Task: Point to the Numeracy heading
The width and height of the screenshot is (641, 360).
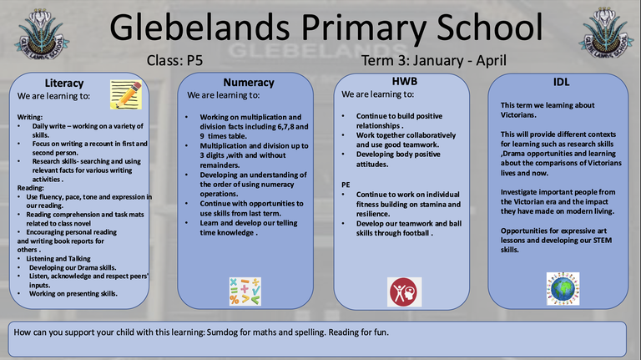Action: click(248, 83)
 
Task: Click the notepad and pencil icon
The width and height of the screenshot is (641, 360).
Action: click(124, 94)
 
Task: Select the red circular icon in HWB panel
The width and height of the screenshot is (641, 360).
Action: click(400, 292)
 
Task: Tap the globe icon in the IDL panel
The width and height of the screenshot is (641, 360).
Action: click(563, 286)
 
